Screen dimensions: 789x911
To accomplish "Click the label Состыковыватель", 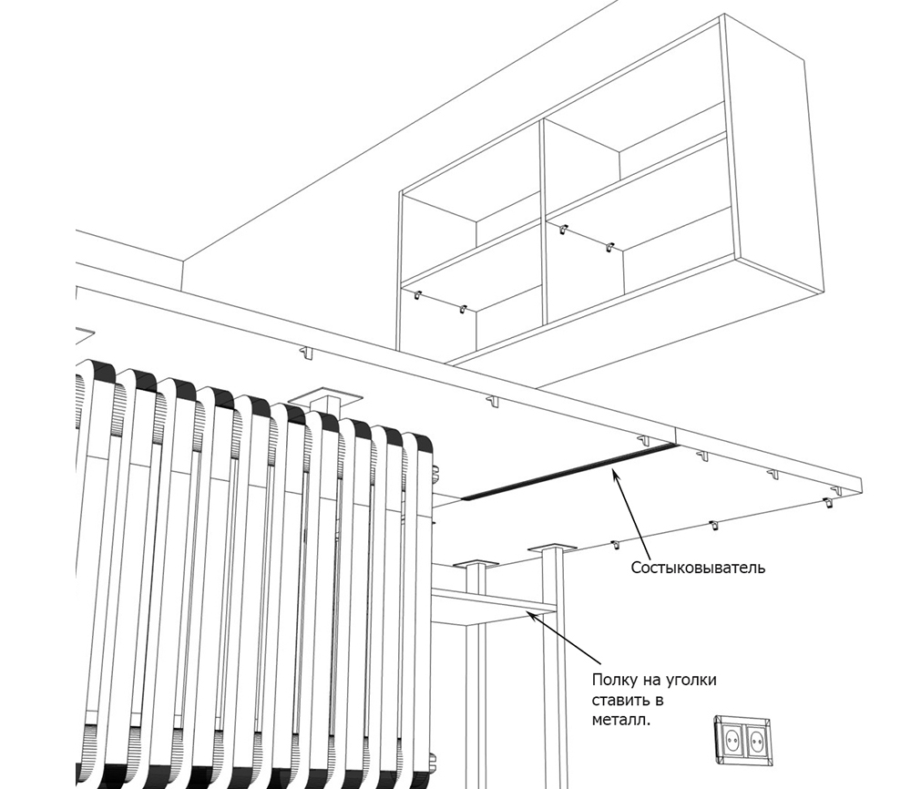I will tap(698, 569).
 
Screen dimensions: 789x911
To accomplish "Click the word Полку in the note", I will tap(615, 680).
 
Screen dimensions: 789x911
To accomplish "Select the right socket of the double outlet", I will tap(756, 735).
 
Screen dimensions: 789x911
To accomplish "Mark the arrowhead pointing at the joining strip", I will tap(616, 471).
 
